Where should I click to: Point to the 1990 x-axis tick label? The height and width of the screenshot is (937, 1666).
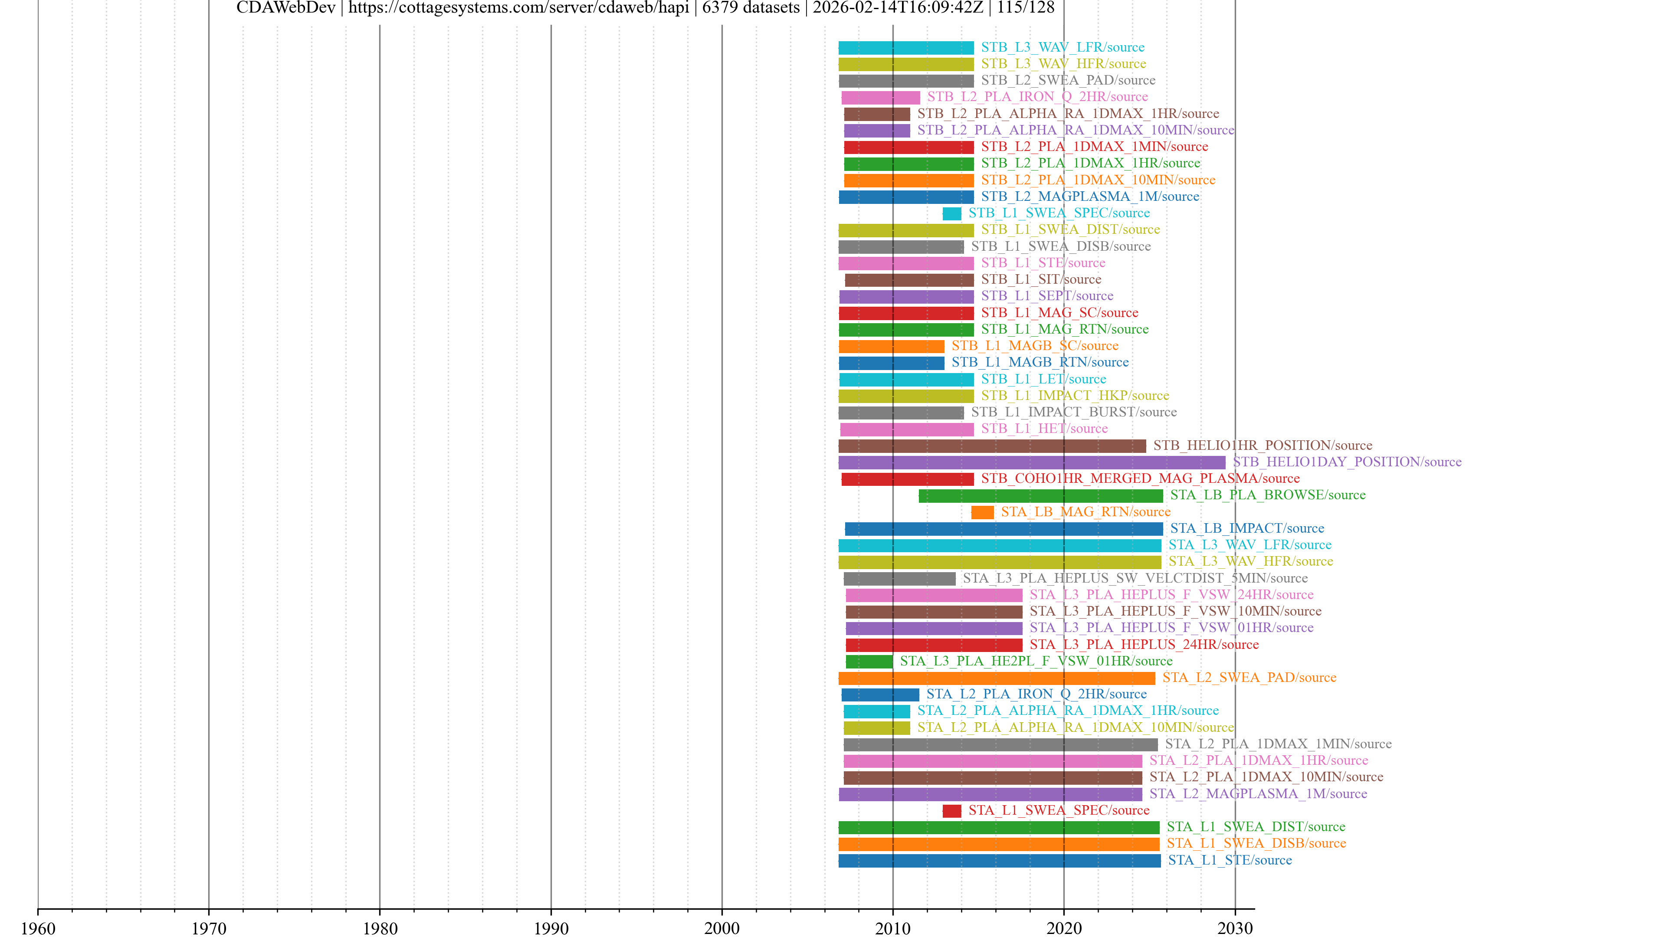(x=551, y=928)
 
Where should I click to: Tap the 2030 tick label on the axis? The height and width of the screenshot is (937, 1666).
(x=1235, y=928)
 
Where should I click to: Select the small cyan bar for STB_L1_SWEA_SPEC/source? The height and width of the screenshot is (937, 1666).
(x=951, y=213)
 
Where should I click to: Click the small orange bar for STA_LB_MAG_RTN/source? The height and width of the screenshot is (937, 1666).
(x=982, y=512)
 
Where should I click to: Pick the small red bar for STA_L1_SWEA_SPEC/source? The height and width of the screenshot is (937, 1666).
(x=951, y=811)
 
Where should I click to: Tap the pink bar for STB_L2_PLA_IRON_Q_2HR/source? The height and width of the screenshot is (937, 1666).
(x=880, y=98)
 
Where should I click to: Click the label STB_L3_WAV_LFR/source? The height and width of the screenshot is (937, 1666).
(x=1062, y=47)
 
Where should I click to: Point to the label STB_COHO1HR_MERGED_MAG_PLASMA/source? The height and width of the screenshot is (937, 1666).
(x=1140, y=478)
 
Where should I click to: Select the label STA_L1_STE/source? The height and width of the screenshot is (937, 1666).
(x=1230, y=860)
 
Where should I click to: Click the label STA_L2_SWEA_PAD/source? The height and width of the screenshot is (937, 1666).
(x=1249, y=678)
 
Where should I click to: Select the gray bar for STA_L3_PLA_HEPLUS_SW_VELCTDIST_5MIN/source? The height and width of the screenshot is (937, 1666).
(x=899, y=579)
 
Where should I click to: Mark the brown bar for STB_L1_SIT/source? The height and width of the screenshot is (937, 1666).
(x=908, y=280)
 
